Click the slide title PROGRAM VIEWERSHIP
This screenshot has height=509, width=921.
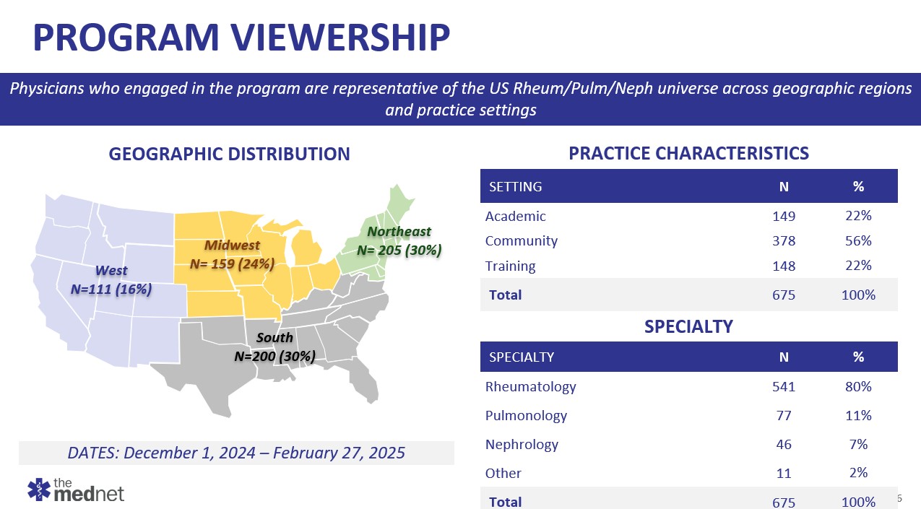coord(242,38)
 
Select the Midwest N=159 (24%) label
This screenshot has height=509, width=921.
coord(232,255)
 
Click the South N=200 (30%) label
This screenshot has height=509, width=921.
coord(275,347)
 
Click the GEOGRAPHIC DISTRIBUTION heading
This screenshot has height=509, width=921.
coord(229,154)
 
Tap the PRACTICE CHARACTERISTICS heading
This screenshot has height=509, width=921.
coord(688,153)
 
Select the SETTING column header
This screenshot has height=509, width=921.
coord(516,186)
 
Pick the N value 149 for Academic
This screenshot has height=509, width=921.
coord(783,217)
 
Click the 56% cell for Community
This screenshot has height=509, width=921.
coord(858,241)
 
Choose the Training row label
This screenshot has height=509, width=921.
coord(511,266)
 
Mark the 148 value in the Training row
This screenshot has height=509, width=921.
coord(783,266)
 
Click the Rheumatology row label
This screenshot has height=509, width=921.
coord(531,386)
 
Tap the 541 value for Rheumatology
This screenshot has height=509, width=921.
coord(783,387)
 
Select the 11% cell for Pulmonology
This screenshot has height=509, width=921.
coord(858,415)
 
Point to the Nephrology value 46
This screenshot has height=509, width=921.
coord(783,445)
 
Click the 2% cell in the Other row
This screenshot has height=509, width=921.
coord(858,473)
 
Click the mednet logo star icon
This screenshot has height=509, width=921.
coord(39,490)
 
